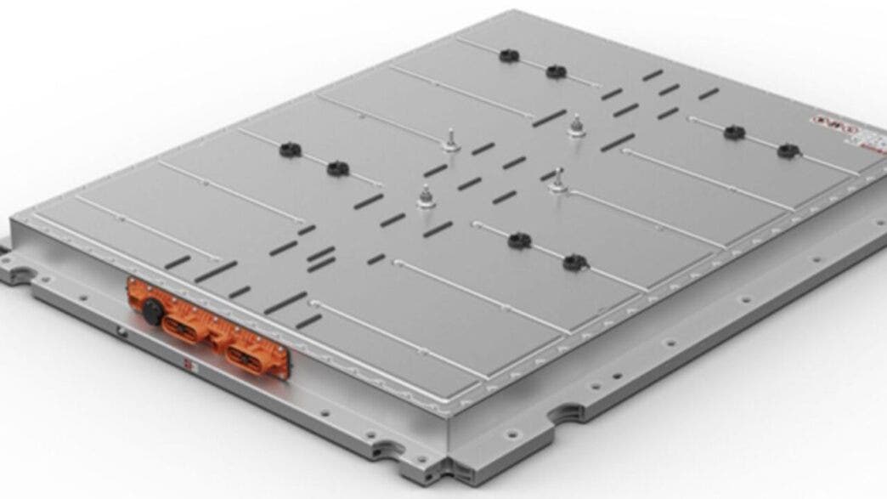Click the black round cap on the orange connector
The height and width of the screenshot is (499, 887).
click(x=152, y=307)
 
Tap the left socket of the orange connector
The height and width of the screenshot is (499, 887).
click(x=182, y=327)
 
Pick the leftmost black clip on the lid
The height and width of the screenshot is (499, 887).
click(x=290, y=150)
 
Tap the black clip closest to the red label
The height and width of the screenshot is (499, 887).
click(x=788, y=150)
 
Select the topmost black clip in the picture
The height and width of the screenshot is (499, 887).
click(x=509, y=56)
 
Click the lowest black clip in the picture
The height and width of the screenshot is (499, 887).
click(x=574, y=262)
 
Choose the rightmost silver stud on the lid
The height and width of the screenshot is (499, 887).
click(x=577, y=124)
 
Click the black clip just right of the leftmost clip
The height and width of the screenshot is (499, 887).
click(x=338, y=167)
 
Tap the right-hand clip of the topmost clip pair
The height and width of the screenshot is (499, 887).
click(x=556, y=71)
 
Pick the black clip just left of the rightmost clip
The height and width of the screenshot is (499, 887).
click(x=734, y=132)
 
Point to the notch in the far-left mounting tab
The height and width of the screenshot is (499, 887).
click(x=19, y=275)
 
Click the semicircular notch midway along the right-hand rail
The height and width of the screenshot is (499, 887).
click(x=563, y=417)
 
